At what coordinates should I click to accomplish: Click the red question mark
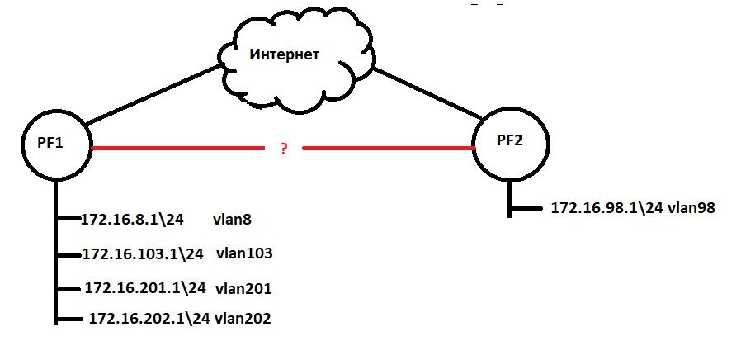tap(283, 149)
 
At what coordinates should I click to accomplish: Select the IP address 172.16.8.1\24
tap(131, 220)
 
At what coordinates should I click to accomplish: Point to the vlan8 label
tap(234, 220)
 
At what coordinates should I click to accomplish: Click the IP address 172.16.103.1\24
tap(143, 253)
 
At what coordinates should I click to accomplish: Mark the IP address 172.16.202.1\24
tap(149, 317)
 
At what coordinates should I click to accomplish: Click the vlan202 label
tap(243, 317)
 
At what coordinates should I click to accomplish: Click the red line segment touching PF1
tap(173, 149)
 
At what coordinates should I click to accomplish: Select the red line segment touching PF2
tap(388, 149)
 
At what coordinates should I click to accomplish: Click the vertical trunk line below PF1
tap(55, 264)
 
